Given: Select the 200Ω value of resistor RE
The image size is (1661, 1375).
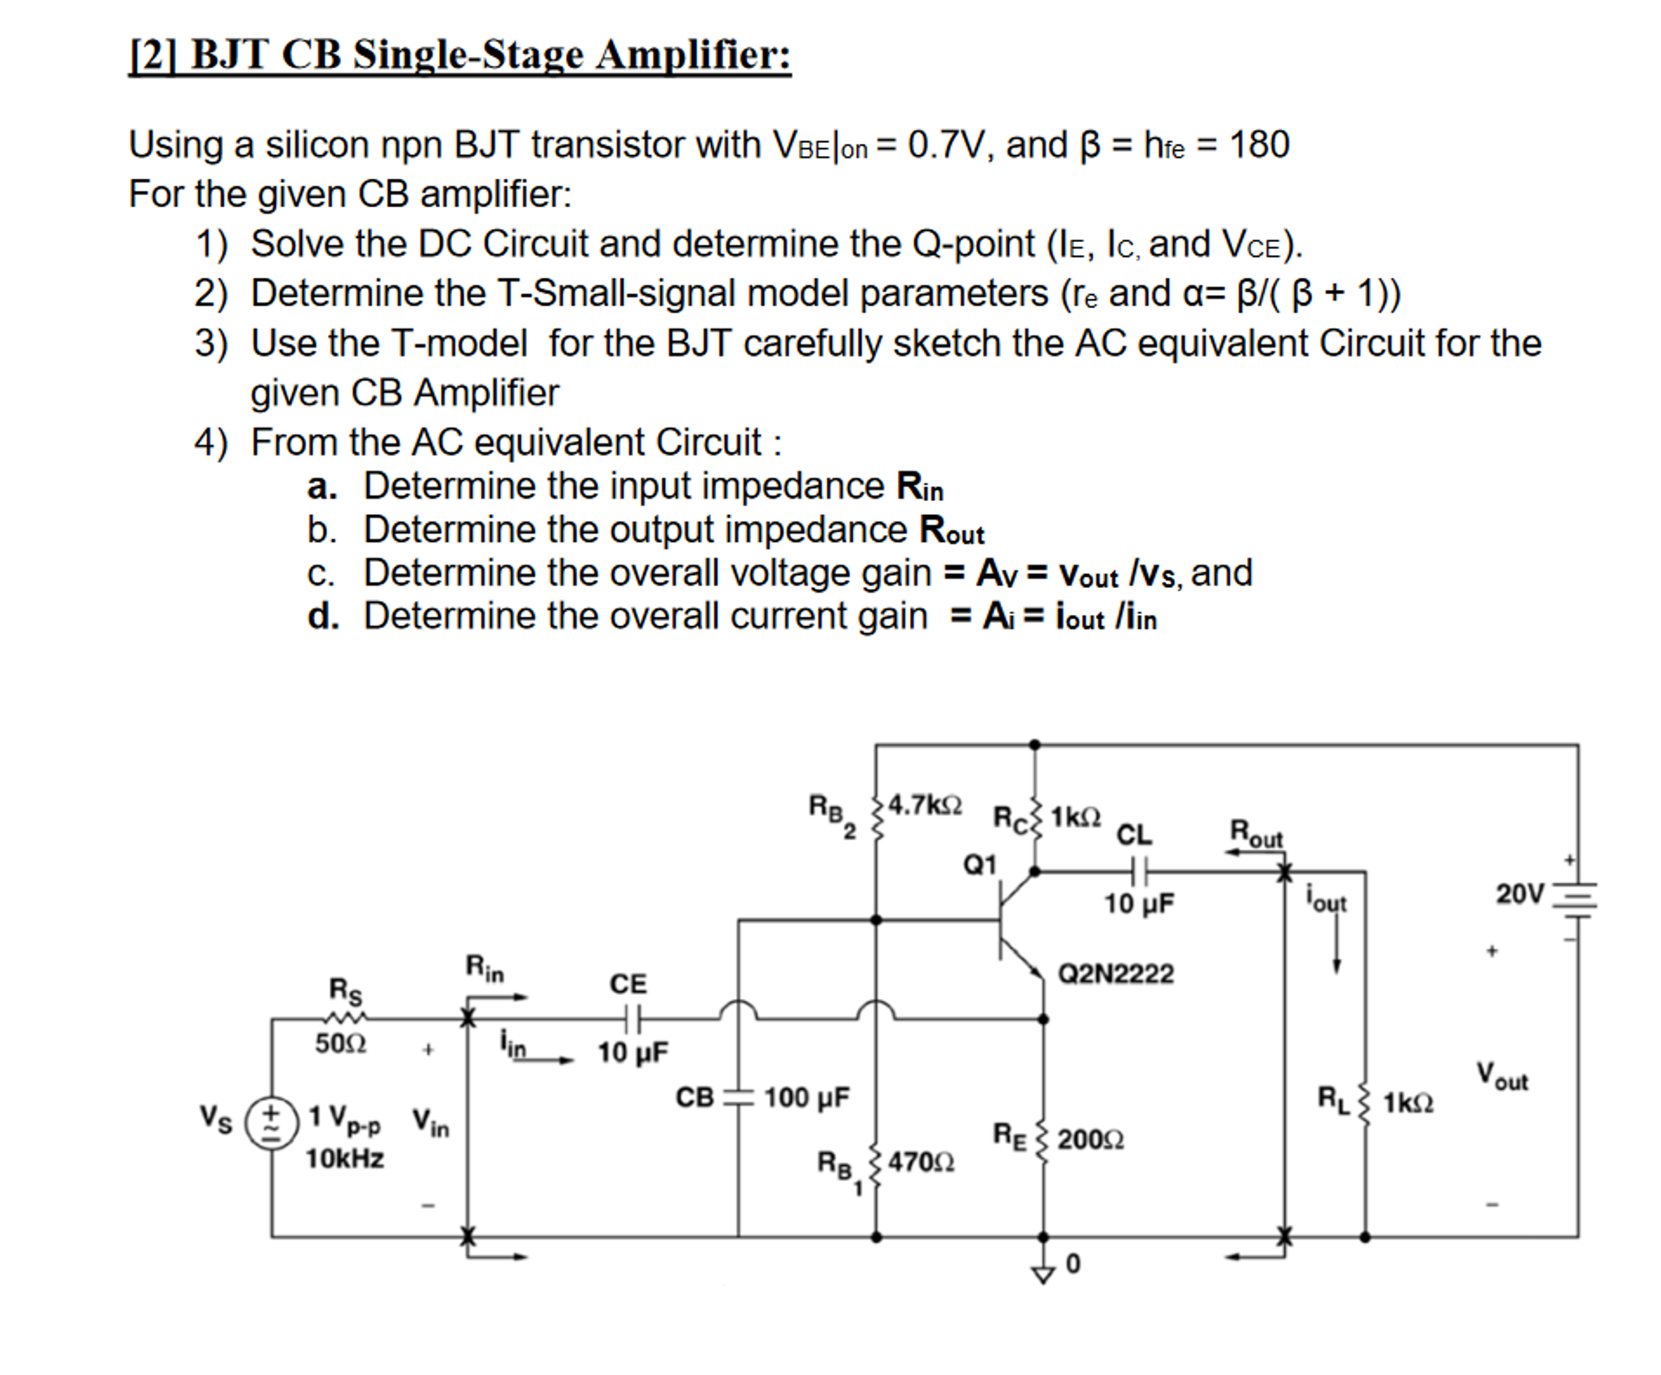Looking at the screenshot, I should point(1089,1139).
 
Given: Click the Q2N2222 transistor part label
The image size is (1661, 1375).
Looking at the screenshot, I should point(1115,973).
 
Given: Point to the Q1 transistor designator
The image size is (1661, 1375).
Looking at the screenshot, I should point(979,865).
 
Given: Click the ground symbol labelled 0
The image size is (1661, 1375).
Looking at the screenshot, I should point(1044,1273).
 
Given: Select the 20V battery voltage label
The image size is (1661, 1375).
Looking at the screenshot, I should point(1520,894).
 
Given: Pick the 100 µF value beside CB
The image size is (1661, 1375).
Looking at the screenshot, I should point(806,1097).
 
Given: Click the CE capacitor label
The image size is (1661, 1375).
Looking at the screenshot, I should point(628,984).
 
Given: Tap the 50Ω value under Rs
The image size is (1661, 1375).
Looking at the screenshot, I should point(340,1043).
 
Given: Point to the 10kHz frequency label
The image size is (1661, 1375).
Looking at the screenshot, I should point(344,1159).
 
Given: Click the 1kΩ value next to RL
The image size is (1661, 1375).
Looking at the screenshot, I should point(1408,1103).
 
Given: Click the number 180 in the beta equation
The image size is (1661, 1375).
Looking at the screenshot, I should point(1259,145).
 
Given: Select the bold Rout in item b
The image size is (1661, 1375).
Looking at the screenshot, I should point(951,530).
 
